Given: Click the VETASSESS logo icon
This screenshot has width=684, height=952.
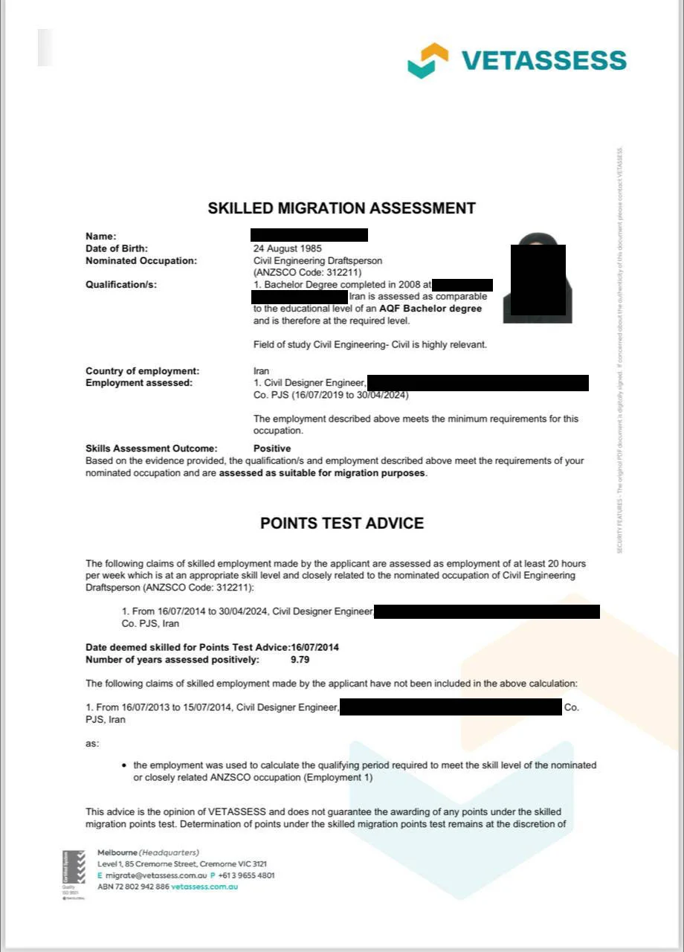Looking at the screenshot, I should tap(427, 60).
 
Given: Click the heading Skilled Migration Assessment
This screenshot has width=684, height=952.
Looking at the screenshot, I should tap(341, 208).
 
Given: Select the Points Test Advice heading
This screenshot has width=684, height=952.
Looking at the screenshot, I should tap(341, 523).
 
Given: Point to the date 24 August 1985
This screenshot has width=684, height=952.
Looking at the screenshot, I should tap(287, 248).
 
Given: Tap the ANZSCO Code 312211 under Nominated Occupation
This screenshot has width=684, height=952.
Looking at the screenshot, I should tap(307, 272).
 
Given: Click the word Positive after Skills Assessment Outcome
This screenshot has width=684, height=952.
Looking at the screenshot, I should tap(272, 448).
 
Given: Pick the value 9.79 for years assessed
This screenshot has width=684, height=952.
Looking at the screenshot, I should tap(300, 659).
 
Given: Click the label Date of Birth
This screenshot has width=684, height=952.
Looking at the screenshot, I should tap(117, 248).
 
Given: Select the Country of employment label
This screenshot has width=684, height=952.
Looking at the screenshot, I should tap(142, 370).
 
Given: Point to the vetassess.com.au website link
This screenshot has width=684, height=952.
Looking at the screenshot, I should tap(204, 887).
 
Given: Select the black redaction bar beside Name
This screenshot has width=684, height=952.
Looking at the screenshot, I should tap(309, 235).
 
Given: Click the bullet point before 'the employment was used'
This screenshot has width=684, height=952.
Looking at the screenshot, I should tap(124, 765).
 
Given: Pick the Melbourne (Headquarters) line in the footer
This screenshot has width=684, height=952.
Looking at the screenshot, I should tap(149, 852).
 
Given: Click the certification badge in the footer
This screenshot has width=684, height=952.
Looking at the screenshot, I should tap(74, 875).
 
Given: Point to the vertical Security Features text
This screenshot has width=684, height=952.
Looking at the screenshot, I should tap(619, 350).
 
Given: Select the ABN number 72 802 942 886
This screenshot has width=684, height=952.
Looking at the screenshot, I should tap(133, 887).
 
